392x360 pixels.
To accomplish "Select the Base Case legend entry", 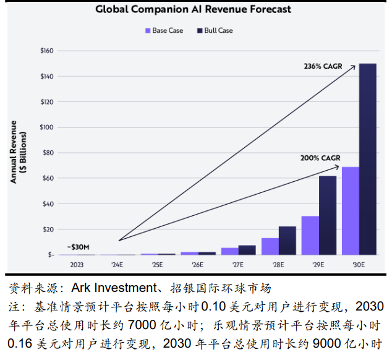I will (164, 30).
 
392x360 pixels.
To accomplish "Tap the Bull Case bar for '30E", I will (367, 158).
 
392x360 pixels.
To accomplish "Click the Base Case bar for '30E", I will (350, 210).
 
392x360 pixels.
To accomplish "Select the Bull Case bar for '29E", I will (328, 215).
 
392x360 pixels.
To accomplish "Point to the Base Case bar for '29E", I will (310, 235).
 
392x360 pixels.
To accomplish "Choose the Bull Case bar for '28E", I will (288, 240).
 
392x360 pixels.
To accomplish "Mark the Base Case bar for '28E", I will (270, 246).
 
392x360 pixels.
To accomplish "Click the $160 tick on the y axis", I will (47, 51).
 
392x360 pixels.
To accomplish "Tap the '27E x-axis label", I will (238, 265).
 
